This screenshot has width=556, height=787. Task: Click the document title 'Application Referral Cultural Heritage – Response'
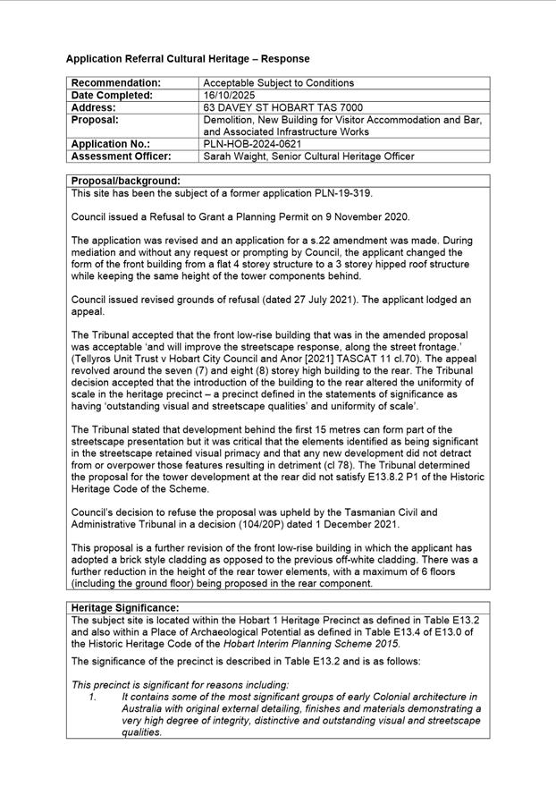[188, 59]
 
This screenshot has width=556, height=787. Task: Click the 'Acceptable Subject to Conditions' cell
[278, 83]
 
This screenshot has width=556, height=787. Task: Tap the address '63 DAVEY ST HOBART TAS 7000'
[278, 107]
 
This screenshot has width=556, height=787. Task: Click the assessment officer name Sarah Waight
[233, 156]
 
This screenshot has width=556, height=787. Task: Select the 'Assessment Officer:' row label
[120, 156]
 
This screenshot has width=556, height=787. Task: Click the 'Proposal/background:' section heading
[125, 181]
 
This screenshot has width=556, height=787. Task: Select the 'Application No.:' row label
[110, 144]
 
